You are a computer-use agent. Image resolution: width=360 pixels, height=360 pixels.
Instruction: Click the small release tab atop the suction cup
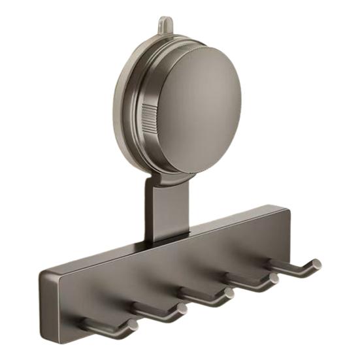pyautogui.click(x=166, y=24)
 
